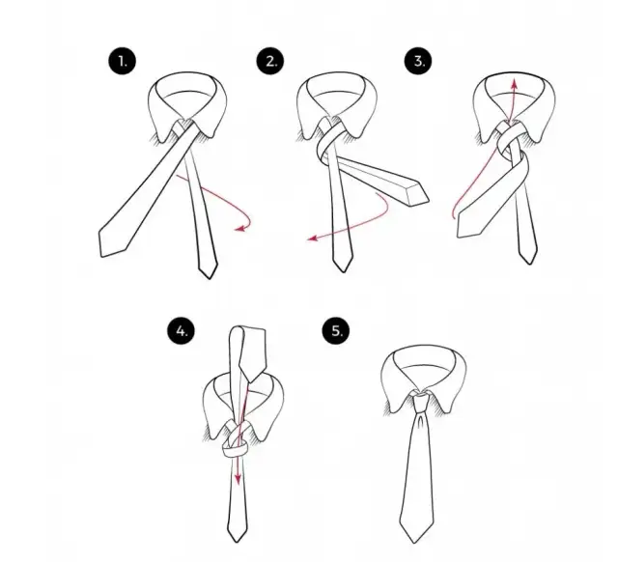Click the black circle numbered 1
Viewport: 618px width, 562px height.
(x=123, y=61)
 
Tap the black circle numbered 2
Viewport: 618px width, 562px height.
(x=270, y=61)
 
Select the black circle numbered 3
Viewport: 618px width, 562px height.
(x=418, y=61)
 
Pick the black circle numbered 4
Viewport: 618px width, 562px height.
(x=181, y=330)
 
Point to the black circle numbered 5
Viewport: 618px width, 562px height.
(x=336, y=330)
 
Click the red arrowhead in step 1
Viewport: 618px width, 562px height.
(x=239, y=228)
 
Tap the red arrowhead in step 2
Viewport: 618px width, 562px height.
(x=313, y=239)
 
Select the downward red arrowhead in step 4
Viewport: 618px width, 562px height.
(x=238, y=479)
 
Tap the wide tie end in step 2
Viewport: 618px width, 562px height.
(x=418, y=195)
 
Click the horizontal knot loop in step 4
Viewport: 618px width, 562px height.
(x=236, y=449)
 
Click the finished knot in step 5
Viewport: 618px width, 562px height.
(x=420, y=402)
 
